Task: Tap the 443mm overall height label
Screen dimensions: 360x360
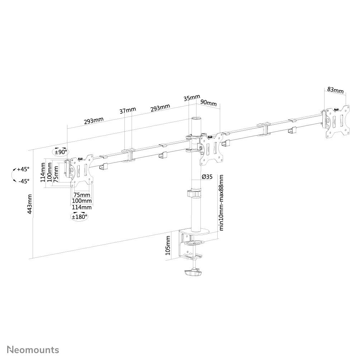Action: tap(30, 204)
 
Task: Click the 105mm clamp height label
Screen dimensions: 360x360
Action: tap(168, 245)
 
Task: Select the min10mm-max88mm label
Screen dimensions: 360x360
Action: tap(222, 203)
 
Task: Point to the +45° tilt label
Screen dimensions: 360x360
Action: tap(23, 169)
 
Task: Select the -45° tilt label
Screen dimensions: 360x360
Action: tap(24, 181)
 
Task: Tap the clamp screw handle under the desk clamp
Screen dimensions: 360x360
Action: tap(194, 274)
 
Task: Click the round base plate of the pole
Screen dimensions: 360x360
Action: tap(196, 232)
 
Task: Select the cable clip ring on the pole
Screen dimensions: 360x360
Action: tap(194, 194)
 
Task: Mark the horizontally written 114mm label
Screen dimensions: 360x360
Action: tap(82, 207)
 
